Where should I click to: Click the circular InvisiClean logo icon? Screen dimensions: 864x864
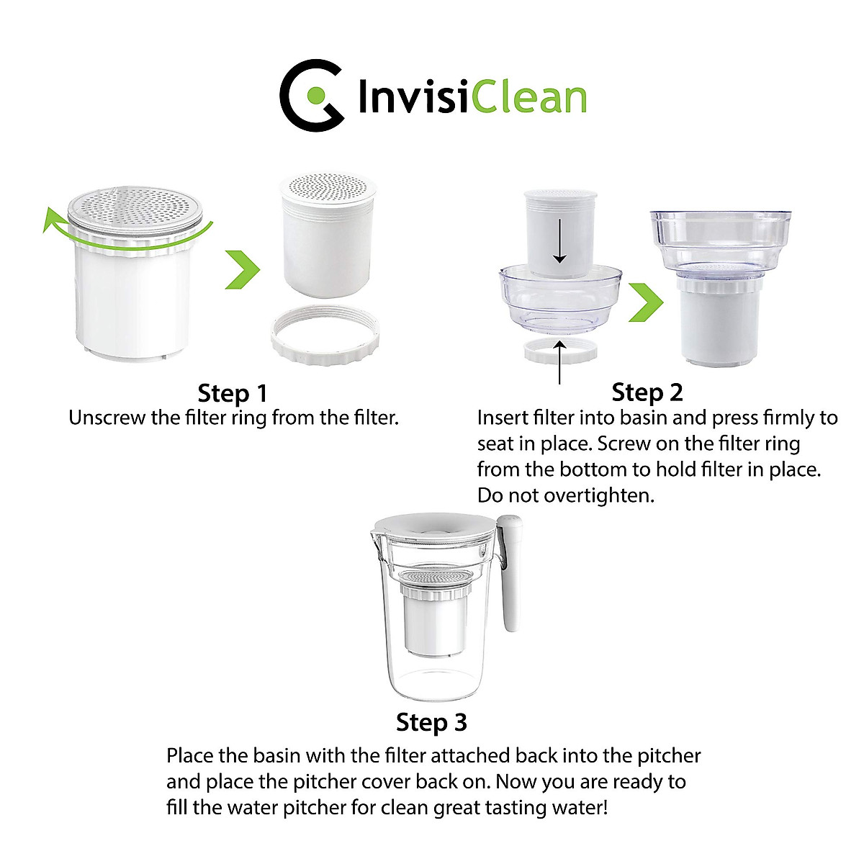(311, 95)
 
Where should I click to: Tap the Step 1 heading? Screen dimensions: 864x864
(232, 393)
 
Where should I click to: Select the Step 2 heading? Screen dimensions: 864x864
(647, 392)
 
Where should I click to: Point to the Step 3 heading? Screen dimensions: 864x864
(431, 721)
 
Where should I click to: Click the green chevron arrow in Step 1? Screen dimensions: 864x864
(242, 269)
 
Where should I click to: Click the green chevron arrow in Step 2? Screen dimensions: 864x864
(645, 302)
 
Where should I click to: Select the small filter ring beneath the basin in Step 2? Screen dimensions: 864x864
(560, 350)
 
